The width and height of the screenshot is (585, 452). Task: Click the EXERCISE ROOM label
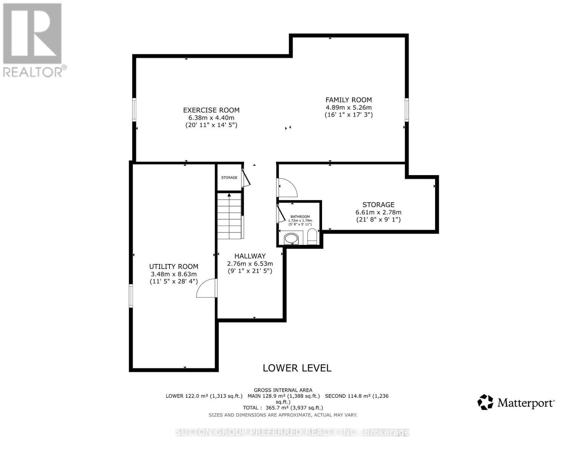pyautogui.click(x=211, y=110)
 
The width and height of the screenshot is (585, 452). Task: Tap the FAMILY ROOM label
pyautogui.click(x=348, y=100)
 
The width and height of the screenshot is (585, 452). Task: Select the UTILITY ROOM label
pyautogui.click(x=174, y=267)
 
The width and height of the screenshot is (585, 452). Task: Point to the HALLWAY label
pyautogui.click(x=250, y=256)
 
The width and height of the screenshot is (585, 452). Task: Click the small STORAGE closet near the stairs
pyautogui.click(x=229, y=177)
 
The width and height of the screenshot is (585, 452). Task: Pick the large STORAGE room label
pyautogui.click(x=378, y=205)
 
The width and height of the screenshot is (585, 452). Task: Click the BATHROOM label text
pyautogui.click(x=300, y=217)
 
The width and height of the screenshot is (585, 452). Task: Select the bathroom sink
pyautogui.click(x=291, y=238)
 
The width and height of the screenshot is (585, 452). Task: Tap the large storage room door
pyautogui.click(x=287, y=188)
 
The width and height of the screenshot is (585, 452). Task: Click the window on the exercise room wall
pyautogui.click(x=134, y=110)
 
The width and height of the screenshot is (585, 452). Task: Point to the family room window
pyautogui.click(x=406, y=110)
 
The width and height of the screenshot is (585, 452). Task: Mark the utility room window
pyautogui.click(x=131, y=296)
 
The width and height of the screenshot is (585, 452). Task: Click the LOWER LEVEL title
pyautogui.click(x=297, y=368)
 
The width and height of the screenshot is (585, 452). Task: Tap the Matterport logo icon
pyautogui.click(x=485, y=402)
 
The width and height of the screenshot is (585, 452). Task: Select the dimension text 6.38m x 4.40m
pyautogui.click(x=211, y=118)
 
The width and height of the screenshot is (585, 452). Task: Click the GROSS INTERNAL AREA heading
pyautogui.click(x=283, y=390)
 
